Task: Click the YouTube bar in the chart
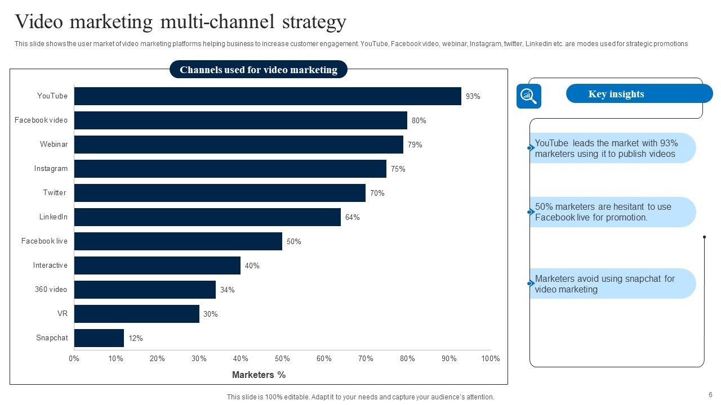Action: (x=268, y=96)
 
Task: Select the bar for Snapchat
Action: (x=99, y=338)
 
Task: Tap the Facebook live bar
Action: (x=178, y=241)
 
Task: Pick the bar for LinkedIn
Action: (x=207, y=217)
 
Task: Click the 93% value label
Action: (x=473, y=97)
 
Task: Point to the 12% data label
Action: (x=136, y=339)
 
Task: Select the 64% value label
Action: (x=353, y=218)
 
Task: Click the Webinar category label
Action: (x=54, y=145)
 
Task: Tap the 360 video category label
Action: (x=51, y=290)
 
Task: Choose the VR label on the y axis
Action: (x=63, y=314)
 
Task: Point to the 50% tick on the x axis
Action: (x=282, y=359)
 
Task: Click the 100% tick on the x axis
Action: (x=491, y=359)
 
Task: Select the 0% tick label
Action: (x=74, y=359)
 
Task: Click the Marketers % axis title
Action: (x=259, y=375)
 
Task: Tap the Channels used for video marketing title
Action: (x=259, y=70)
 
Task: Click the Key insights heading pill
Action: (x=639, y=94)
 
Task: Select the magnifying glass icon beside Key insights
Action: (x=528, y=96)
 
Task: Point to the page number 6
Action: (x=710, y=395)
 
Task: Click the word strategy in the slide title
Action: (x=311, y=22)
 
